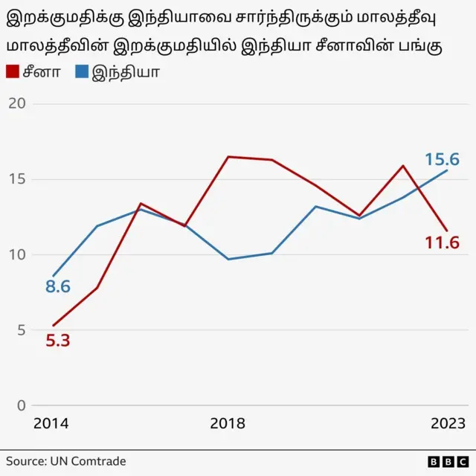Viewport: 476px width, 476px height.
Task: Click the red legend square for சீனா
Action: point(13,72)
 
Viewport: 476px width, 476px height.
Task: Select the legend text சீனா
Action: point(42,72)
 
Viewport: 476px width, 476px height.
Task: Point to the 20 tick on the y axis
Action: point(16,103)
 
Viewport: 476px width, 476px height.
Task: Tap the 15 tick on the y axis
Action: point(16,179)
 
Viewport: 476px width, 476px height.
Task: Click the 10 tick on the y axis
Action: point(16,254)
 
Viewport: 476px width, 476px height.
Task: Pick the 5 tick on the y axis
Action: point(21,330)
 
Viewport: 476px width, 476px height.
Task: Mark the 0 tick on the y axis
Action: point(21,405)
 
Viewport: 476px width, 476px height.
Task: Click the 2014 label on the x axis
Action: point(51,423)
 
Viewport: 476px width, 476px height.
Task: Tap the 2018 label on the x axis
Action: point(228,423)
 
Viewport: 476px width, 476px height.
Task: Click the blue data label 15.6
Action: point(442,159)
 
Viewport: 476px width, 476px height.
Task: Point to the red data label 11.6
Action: point(442,242)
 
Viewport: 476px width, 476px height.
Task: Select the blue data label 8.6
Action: point(57,286)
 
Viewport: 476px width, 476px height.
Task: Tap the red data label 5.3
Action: point(57,341)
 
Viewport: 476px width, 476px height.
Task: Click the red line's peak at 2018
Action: point(228,157)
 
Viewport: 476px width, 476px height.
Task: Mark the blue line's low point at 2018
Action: point(228,259)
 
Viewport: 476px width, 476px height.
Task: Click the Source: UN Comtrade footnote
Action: point(66,461)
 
